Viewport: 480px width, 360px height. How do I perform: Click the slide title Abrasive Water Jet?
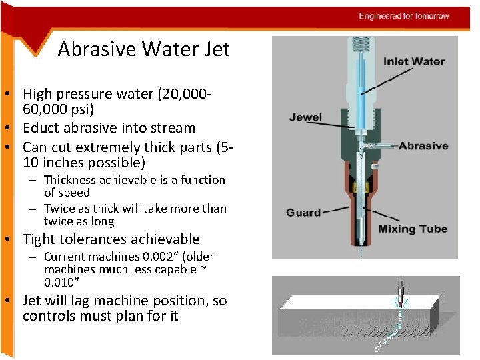[x=143, y=49]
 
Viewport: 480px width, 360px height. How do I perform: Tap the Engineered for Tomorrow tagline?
[x=403, y=16]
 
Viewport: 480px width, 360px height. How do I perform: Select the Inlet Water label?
[x=413, y=61]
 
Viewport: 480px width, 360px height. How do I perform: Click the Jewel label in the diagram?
[x=305, y=117]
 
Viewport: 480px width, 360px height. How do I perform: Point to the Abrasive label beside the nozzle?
[x=423, y=145]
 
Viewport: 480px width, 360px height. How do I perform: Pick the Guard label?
[x=303, y=213]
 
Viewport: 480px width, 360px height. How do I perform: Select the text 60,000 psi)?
[x=59, y=109]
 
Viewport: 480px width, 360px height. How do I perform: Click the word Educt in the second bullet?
[x=42, y=128]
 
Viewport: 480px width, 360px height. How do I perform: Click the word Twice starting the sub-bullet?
[x=60, y=209]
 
